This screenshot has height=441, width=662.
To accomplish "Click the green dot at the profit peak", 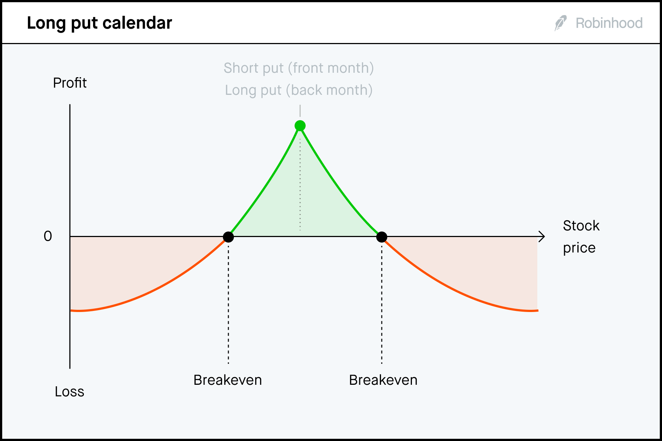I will [x=300, y=126].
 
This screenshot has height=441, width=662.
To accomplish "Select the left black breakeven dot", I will [x=228, y=237].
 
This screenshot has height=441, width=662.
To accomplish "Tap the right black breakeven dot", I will [x=382, y=237].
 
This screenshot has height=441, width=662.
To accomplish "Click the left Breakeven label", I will [x=228, y=380].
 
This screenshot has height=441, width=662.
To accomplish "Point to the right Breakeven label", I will [x=383, y=380].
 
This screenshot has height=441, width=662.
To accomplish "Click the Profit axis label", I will [x=70, y=83].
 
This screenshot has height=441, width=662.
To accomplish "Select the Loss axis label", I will [x=70, y=392].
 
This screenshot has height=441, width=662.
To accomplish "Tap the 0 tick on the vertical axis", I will [x=48, y=236].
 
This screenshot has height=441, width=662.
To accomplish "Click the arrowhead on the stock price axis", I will [x=542, y=237].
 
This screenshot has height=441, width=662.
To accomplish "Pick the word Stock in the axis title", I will [x=581, y=226].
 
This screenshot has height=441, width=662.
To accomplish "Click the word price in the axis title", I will [x=579, y=248].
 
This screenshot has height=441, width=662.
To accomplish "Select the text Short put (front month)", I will [x=299, y=68].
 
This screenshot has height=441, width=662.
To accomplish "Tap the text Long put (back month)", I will [x=299, y=90].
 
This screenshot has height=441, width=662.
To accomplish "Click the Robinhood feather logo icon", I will [x=560, y=23].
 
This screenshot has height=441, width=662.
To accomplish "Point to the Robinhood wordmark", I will [x=609, y=23].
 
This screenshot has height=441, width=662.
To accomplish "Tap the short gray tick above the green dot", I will [x=300, y=111].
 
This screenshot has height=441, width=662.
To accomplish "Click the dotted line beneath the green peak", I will [x=300, y=184].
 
